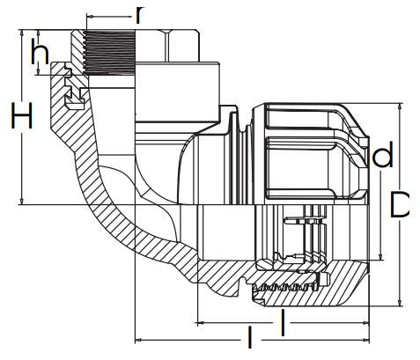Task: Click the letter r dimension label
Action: [x=140, y=15]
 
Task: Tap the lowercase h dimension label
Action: [x=40, y=52]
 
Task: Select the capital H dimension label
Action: [x=21, y=115]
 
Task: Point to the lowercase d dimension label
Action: [x=382, y=154]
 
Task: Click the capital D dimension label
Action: [x=399, y=205]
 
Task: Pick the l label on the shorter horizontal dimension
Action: [x=283, y=323]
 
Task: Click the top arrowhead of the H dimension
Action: [x=21, y=33]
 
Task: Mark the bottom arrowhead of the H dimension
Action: [x=21, y=201]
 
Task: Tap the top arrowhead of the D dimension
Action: [x=400, y=107]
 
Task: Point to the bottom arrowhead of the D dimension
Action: [x=400, y=303]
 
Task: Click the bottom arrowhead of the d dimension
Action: [x=380, y=257]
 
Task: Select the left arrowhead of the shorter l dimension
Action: [x=200, y=323]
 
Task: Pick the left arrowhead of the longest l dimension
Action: [x=138, y=341]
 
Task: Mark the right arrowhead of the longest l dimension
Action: [x=365, y=341]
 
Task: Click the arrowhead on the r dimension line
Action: [x=91, y=16]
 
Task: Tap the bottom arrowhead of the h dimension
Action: [x=39, y=71]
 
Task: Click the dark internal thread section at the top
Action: [x=109, y=52]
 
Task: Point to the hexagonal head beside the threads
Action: [x=167, y=46]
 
